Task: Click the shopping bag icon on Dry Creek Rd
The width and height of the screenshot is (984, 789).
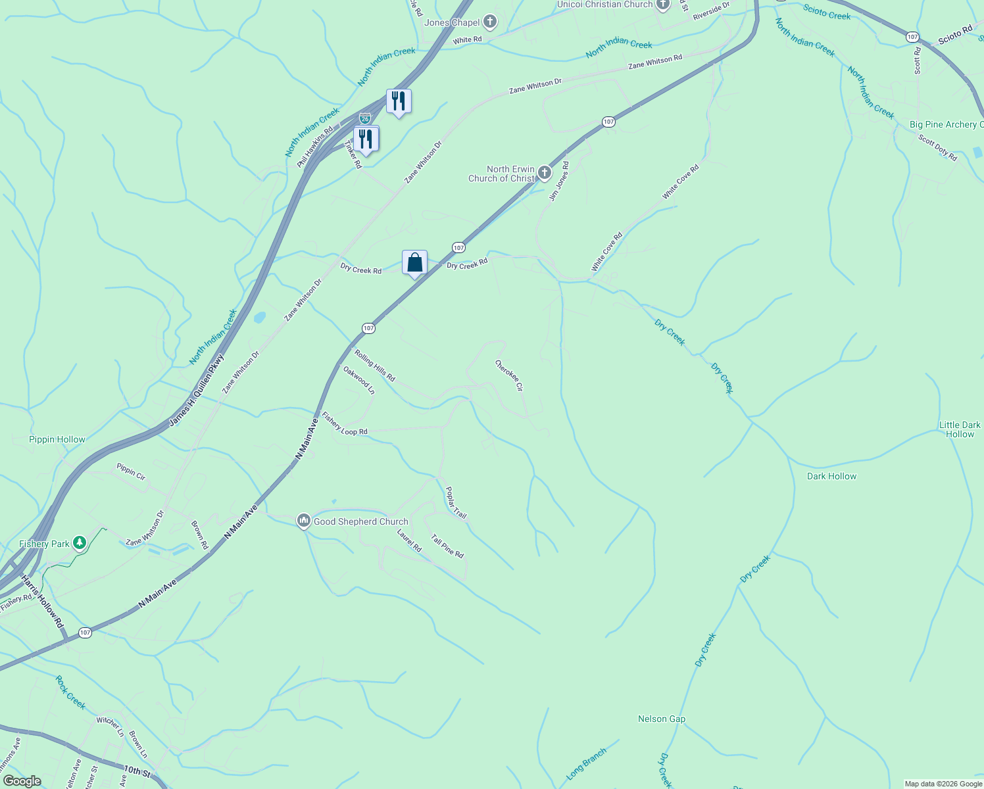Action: coord(414,263)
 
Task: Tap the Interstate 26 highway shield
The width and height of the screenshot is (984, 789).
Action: coord(365,118)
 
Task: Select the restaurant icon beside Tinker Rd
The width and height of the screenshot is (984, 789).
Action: coord(366,139)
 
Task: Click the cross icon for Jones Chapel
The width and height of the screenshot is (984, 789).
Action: coord(489,22)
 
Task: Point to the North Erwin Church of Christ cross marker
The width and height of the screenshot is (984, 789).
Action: coord(544,174)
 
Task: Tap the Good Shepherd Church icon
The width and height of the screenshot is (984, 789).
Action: coord(303,521)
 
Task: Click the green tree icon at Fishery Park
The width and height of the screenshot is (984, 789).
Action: coord(80,543)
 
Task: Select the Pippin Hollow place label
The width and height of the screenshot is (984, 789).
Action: coord(57,439)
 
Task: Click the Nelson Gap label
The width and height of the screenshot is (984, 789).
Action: coord(661,719)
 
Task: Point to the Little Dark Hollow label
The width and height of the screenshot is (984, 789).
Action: coord(959,429)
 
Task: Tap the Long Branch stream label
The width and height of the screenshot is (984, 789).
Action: coord(585,763)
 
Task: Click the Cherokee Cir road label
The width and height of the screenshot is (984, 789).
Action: coord(509,376)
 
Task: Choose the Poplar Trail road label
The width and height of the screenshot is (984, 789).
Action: coord(456,503)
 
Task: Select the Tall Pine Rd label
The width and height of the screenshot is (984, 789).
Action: coord(447,546)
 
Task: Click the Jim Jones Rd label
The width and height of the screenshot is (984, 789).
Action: coord(559,181)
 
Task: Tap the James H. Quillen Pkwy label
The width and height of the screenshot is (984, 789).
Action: coord(197,391)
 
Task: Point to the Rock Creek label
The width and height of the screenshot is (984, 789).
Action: coord(70,692)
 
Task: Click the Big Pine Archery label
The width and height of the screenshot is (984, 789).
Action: coord(946,124)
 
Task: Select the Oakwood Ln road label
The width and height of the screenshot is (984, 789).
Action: coord(359,380)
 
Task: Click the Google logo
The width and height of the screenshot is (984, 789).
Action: coord(22,780)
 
